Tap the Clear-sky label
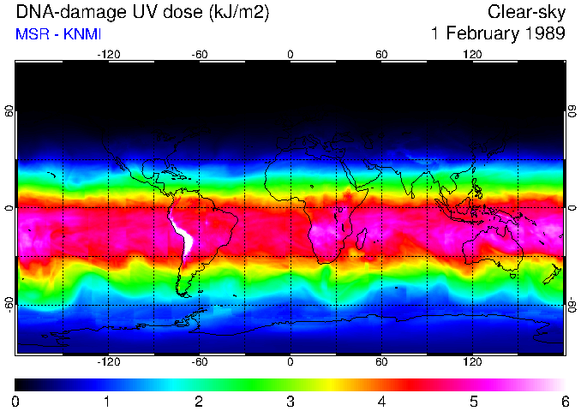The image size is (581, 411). click(x=526, y=13)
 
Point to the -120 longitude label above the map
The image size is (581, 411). click(x=108, y=54)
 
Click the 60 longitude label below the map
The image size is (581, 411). click(x=381, y=361)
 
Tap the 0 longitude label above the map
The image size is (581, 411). click(x=290, y=54)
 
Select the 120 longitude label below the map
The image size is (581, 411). click(x=472, y=361)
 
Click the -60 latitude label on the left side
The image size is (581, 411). click(x=10, y=305)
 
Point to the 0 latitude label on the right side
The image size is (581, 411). click(x=572, y=208)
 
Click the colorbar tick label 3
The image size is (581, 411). click(x=290, y=401)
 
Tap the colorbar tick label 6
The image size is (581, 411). click(x=564, y=401)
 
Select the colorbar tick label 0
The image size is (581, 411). click(x=16, y=401)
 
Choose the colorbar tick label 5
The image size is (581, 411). click(x=472, y=401)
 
